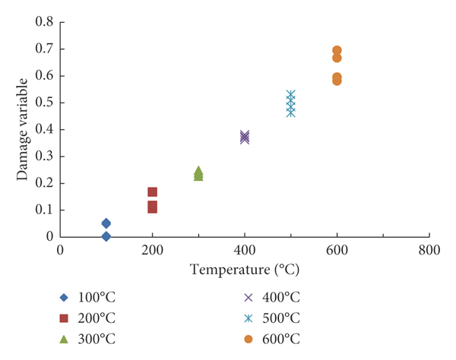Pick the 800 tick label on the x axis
[429, 251]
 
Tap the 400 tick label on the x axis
[244, 251]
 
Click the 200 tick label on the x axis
[152, 251]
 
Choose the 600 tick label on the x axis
[337, 251]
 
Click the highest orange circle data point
[337, 51]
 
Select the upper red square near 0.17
[152, 192]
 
